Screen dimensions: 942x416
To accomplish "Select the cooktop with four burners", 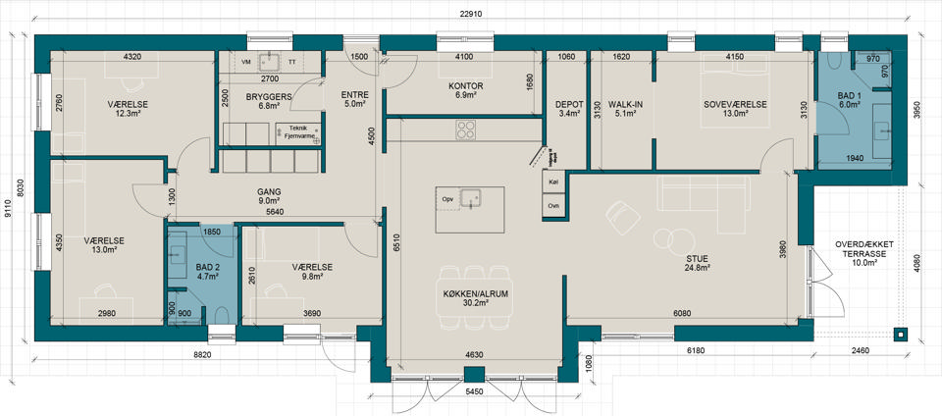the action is click(466, 130).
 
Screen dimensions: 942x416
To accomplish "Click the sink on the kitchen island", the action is click(470, 198).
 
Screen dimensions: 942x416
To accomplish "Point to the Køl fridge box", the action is click(553, 182).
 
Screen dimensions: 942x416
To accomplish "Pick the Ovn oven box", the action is click(553, 205).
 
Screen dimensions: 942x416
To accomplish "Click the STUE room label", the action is click(700, 259).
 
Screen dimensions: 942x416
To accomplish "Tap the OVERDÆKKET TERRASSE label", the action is click(863, 249).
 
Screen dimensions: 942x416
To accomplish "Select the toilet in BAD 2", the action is click(221, 316).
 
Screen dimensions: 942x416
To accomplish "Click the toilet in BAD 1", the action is click(834, 60).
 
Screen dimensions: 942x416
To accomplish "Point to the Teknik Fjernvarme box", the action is click(298, 132).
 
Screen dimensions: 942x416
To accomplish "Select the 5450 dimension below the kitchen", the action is click(474, 391).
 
